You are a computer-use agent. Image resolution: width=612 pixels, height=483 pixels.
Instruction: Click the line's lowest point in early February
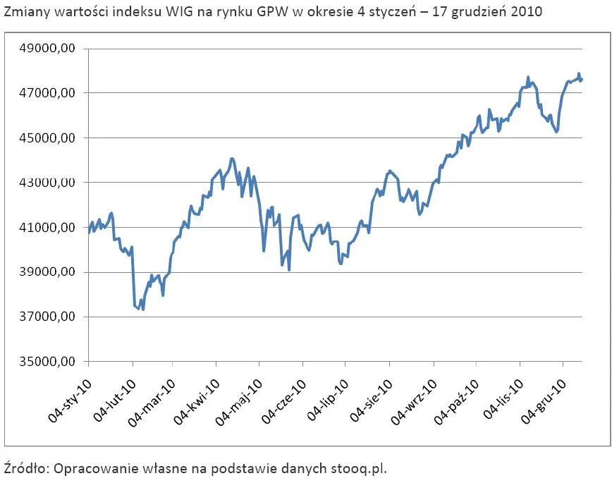(x=143, y=309)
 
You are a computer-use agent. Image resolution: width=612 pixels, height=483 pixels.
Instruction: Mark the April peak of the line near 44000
(x=232, y=159)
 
